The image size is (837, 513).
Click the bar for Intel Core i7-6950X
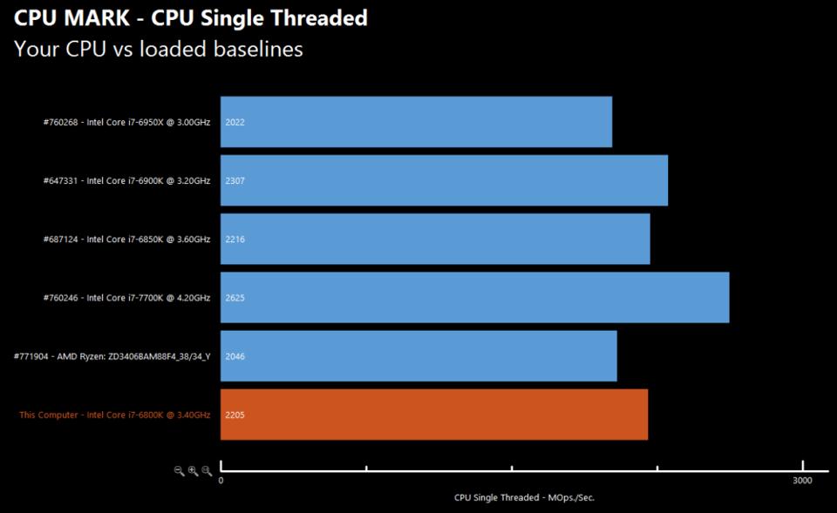click(416, 122)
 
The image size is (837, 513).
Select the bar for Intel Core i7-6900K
click(444, 180)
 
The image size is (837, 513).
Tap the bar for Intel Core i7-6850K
click(435, 239)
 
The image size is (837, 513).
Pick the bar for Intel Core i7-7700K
click(474, 297)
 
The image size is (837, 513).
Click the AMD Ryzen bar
click(418, 355)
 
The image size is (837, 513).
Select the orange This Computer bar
click(434, 415)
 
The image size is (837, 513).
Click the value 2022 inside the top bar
click(235, 123)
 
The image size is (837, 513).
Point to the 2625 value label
click(235, 298)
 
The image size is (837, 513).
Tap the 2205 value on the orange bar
click(235, 415)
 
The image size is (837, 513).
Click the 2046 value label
click(235, 356)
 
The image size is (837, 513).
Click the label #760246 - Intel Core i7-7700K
click(126, 298)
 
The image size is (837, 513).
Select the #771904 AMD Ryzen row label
click(112, 356)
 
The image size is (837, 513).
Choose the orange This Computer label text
click(114, 415)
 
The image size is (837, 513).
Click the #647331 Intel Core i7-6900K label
click(126, 181)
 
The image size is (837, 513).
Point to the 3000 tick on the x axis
click(802, 481)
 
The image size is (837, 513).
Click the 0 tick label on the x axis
click(221, 481)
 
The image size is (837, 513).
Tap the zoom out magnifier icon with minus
click(179, 470)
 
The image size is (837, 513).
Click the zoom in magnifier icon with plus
click(193, 470)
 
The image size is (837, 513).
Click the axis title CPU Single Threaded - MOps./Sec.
click(524, 498)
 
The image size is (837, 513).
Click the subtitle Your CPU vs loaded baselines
click(159, 49)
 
